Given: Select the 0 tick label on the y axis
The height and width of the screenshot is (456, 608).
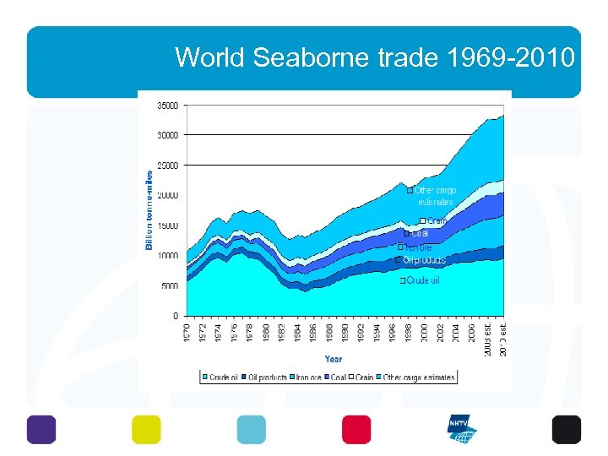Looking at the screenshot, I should (x=176, y=316).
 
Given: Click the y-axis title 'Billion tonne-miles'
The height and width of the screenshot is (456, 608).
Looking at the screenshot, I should (x=149, y=210).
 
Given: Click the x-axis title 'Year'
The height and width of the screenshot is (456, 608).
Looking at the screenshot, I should (x=334, y=359).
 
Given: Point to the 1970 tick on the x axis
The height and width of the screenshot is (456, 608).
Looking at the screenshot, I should (x=187, y=331).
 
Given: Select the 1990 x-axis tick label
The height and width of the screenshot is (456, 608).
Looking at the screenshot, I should (x=345, y=331).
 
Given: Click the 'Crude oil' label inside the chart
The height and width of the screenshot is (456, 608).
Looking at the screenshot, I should (x=422, y=280).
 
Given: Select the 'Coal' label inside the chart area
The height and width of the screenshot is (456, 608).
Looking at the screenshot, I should (x=419, y=233).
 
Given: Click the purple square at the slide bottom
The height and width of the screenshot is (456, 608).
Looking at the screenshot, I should (x=41, y=430).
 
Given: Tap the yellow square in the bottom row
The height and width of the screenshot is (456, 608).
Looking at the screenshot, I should (x=146, y=430).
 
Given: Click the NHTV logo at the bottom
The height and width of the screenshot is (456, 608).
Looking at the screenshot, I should (x=462, y=430).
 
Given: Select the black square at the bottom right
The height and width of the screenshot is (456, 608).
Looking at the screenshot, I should (x=567, y=430).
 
